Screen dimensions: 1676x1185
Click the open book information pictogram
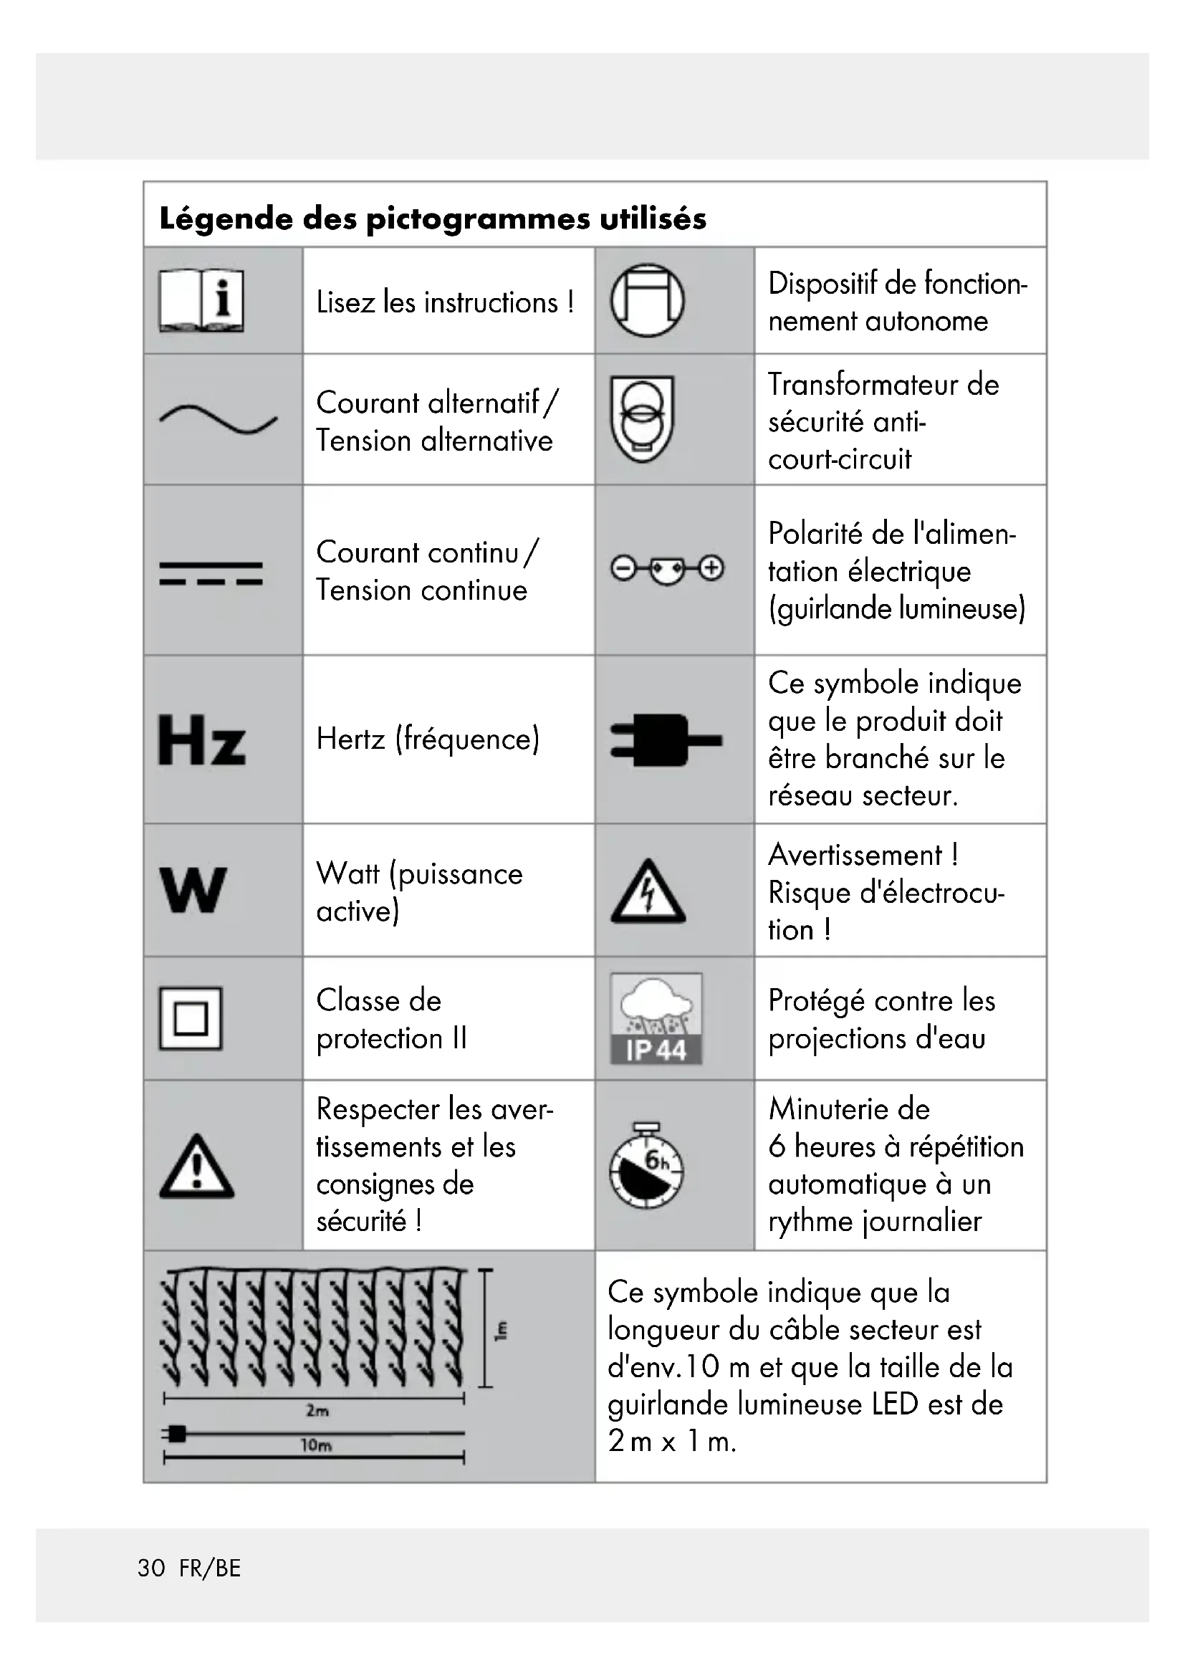201,301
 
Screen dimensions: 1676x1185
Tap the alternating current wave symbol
219,419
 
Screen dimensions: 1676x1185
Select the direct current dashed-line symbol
211,573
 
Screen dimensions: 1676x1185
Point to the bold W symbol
193,890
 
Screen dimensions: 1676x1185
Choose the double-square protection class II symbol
191,1018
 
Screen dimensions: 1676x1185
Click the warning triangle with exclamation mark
196,1167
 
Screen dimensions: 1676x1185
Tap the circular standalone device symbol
647,300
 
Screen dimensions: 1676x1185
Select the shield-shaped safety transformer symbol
642,418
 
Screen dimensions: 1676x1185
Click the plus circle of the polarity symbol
711,568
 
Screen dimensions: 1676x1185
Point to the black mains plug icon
665,740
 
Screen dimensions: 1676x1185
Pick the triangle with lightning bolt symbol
647,891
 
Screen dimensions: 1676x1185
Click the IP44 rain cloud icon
656,1017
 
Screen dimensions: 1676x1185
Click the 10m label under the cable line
316,1445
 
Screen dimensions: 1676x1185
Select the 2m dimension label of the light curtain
317,1410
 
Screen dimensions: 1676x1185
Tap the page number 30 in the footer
152,1568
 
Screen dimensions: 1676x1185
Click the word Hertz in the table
350,739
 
